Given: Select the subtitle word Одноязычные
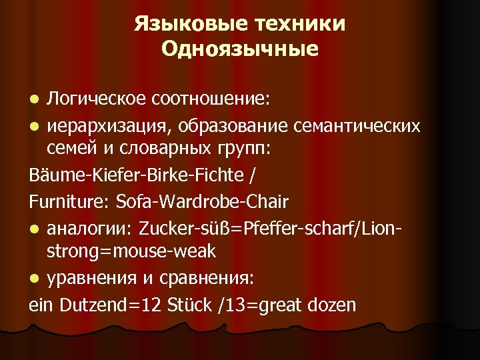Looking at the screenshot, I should pyautogui.click(x=240, y=50).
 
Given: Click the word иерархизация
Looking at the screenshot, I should pyautogui.click(x=95, y=127).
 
